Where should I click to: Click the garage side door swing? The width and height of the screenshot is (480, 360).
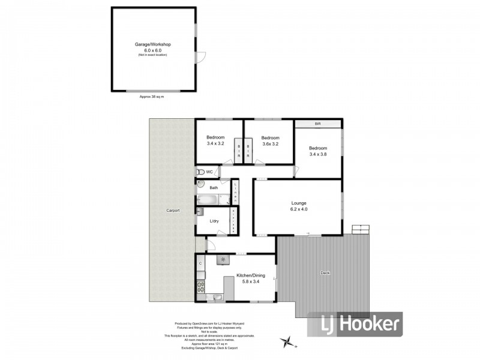[201, 58]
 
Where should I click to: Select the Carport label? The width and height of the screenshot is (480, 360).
[173, 211]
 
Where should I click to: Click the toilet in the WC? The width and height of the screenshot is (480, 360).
[200, 172]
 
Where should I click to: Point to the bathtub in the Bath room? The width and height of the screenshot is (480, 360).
[209, 199]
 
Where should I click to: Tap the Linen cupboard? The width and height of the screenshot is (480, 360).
[236, 191]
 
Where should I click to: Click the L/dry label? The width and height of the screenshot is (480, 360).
[214, 221]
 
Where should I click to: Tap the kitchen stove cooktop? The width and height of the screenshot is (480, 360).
[200, 287]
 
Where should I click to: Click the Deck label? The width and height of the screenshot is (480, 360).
[325, 273]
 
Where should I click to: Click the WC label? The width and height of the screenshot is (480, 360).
[209, 172]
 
